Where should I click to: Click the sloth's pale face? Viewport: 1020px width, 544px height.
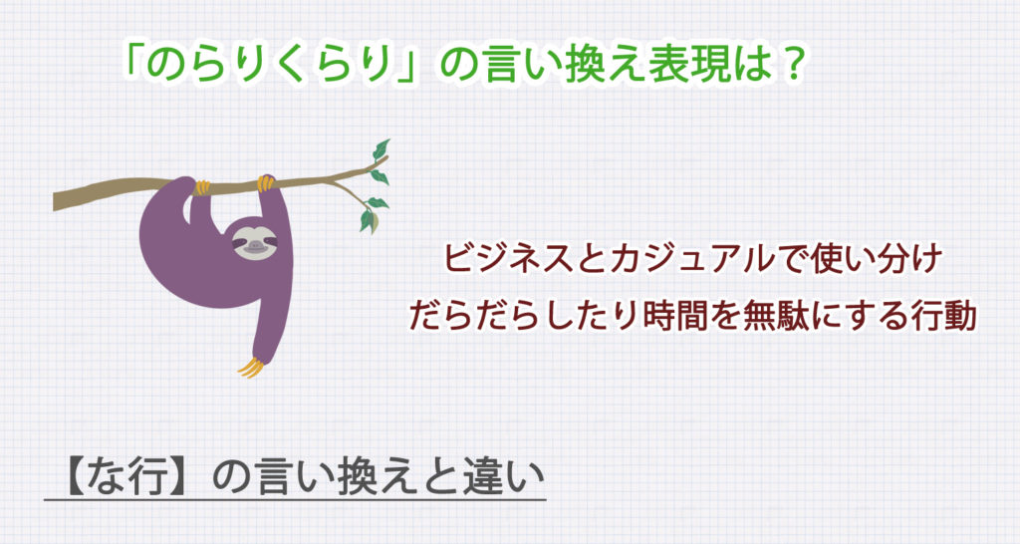[x=251, y=242]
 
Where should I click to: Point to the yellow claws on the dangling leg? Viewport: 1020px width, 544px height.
[x=251, y=367]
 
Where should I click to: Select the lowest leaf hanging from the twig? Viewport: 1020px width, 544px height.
[x=367, y=220]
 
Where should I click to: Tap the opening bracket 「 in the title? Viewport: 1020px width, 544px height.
[x=133, y=67]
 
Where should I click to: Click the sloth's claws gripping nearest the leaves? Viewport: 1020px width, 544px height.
[x=266, y=182]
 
